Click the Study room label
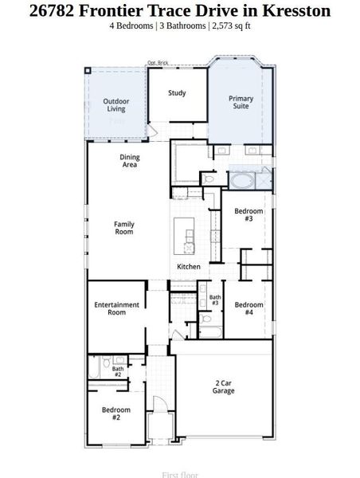(x=177, y=93)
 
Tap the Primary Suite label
(x=241, y=102)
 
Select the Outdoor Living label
(x=116, y=104)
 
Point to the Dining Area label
(x=130, y=161)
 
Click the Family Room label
(x=124, y=228)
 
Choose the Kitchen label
(x=188, y=266)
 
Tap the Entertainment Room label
(x=116, y=308)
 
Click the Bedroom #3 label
(x=248, y=214)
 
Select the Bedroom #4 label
(x=248, y=308)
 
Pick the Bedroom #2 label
(x=115, y=413)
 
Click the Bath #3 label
(x=215, y=300)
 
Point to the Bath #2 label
(x=117, y=372)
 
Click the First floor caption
(x=180, y=474)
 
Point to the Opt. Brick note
(x=158, y=63)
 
